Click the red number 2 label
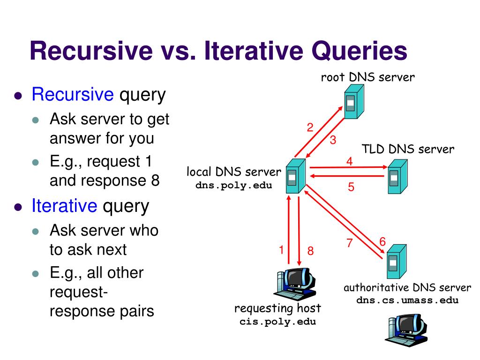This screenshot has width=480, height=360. click(x=310, y=127)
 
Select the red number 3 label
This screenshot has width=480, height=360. click(x=333, y=140)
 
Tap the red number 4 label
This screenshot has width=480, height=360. click(x=349, y=161)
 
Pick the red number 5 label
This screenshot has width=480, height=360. click(x=351, y=187)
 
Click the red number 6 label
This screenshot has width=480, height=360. click(x=382, y=242)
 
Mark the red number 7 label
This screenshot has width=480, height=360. click(x=349, y=243)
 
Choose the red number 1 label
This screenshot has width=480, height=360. click(x=281, y=250)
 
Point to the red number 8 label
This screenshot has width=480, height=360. click(x=310, y=251)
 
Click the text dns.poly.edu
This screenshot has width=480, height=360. click(x=233, y=185)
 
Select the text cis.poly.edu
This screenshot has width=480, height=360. click(x=277, y=322)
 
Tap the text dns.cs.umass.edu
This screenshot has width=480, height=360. click(x=407, y=300)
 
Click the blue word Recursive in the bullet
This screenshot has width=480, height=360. click(x=73, y=95)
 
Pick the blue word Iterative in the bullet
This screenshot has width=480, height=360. click(x=64, y=206)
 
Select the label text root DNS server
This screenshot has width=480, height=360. click(x=367, y=77)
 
